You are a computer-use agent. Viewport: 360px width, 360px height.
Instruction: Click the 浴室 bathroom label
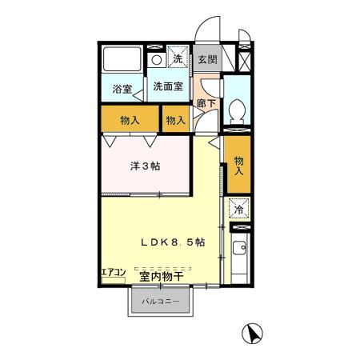pos(122,90)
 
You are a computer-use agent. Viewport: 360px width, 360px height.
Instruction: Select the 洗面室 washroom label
pos(167,86)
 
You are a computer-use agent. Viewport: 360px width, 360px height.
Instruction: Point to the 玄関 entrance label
pos(207,59)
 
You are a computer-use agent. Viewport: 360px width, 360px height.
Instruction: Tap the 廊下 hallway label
pos(206,103)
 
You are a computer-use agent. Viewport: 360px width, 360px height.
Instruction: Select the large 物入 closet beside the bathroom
pos(130,121)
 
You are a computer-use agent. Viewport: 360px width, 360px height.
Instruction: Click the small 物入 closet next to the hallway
pos(176,120)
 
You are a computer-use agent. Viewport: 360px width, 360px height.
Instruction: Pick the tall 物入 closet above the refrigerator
pos(238,166)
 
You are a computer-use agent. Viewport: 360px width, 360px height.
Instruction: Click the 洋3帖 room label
pos(145,168)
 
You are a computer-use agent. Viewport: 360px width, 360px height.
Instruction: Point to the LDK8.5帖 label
pos(172,242)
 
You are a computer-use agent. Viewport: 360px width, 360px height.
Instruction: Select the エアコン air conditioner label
pos(113,273)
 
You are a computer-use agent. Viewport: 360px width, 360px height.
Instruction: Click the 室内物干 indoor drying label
pos(161,277)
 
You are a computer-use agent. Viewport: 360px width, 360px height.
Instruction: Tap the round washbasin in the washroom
pos(157,59)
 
